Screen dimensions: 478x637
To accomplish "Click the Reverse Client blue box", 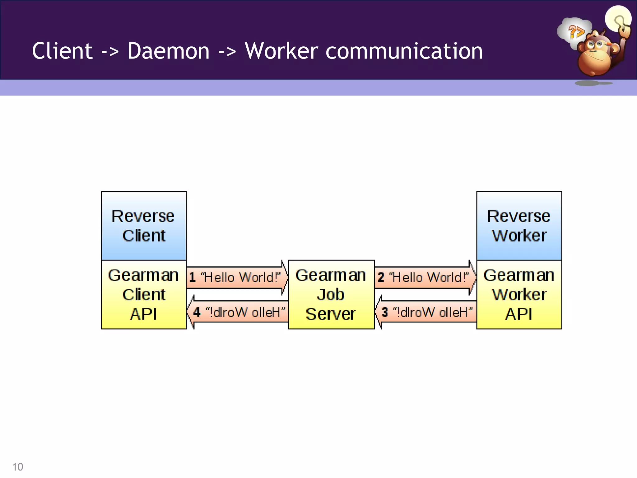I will click(x=144, y=226).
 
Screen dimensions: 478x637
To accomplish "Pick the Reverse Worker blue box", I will click(x=519, y=226).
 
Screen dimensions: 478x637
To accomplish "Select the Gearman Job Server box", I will click(x=331, y=294).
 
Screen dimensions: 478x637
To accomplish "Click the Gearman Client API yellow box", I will click(x=144, y=294).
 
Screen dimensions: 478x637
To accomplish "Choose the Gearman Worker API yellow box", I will click(x=519, y=294).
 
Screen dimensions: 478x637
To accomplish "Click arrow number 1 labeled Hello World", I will click(x=236, y=277).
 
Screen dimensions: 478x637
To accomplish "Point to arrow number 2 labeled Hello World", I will click(x=425, y=277).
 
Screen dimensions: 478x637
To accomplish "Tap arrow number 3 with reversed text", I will click(x=426, y=312).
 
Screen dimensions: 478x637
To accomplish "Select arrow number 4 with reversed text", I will click(x=238, y=312).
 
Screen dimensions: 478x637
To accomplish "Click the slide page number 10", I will click(x=18, y=467).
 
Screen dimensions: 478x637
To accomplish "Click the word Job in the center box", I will click(x=331, y=294).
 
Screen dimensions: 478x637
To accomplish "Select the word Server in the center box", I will click(x=330, y=314).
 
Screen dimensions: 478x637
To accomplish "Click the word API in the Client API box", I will click(x=143, y=314).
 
